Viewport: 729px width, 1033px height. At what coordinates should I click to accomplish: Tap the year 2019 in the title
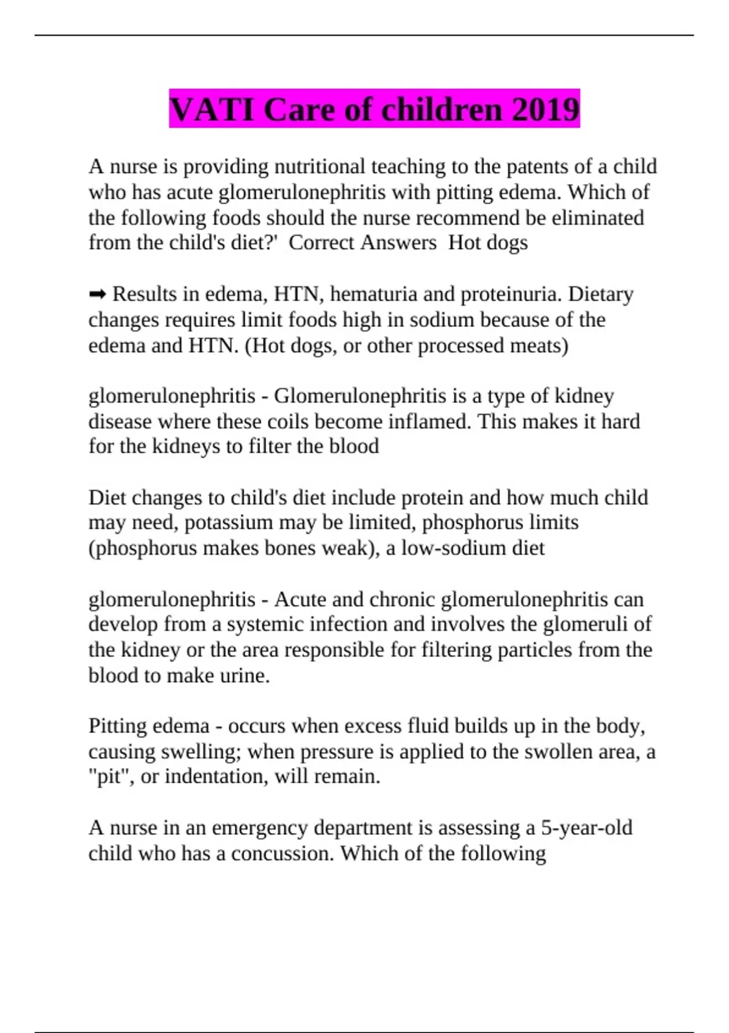546,110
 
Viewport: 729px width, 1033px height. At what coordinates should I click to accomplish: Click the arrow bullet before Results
97,295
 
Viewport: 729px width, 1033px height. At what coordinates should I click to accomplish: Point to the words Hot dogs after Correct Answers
488,242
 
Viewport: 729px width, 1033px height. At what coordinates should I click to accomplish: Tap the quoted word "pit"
111,777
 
